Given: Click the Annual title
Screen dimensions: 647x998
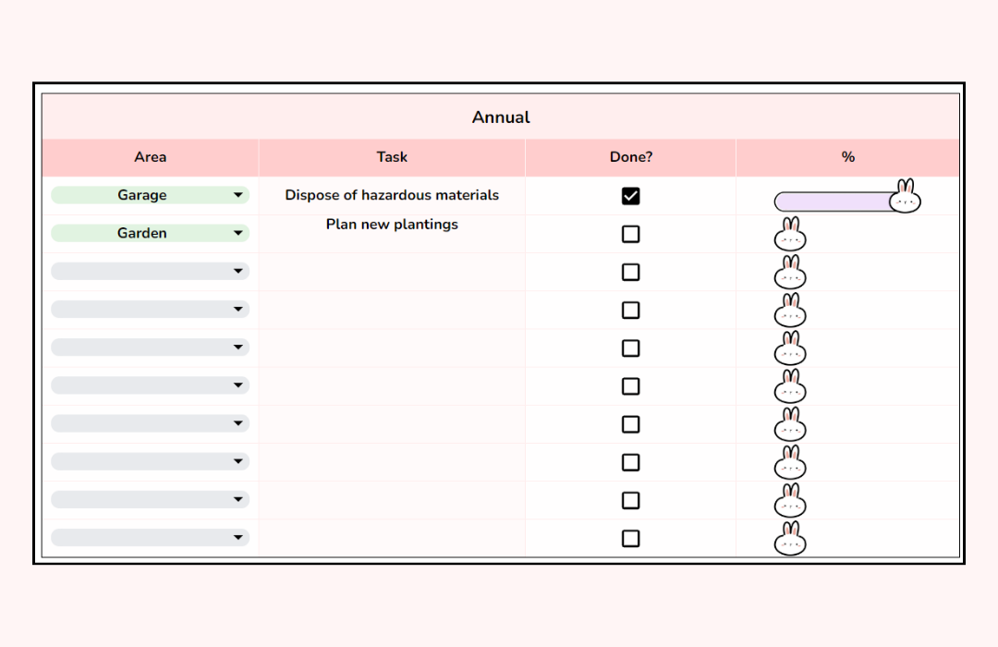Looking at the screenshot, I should pyautogui.click(x=501, y=117).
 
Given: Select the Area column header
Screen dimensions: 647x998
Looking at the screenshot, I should pyautogui.click(x=150, y=157).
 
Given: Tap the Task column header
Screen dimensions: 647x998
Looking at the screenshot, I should pyautogui.click(x=392, y=157).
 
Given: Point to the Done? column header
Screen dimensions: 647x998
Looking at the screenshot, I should pyautogui.click(x=630, y=157).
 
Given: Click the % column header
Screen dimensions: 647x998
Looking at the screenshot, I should pyautogui.click(x=847, y=157).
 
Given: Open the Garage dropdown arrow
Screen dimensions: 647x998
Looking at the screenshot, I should pyautogui.click(x=238, y=195).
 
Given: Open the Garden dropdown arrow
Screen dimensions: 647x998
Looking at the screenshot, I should pyautogui.click(x=238, y=233).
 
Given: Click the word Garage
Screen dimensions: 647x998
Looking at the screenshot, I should pyautogui.click(x=142, y=195).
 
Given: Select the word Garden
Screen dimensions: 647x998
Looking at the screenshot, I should pyautogui.click(x=142, y=233).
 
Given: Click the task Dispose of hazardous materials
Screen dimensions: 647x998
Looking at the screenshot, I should pyautogui.click(x=392, y=195).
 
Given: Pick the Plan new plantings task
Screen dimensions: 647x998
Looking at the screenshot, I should pyautogui.click(x=392, y=225).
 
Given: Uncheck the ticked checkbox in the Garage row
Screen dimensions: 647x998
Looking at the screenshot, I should pyautogui.click(x=630, y=196).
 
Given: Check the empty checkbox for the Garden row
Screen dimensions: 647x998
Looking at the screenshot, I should pyautogui.click(x=630, y=234).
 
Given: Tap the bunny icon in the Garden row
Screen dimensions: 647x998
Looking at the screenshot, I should pyautogui.click(x=790, y=236).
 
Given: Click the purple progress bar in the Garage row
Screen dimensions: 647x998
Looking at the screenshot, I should pyautogui.click(x=832, y=201).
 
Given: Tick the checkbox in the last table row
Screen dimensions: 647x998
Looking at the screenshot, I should pyautogui.click(x=630, y=538).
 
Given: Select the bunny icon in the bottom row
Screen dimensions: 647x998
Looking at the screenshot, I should pyautogui.click(x=790, y=540).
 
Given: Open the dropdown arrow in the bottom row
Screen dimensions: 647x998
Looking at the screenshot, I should pyautogui.click(x=238, y=537).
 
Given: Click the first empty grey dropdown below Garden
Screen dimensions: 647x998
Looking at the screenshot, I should pyautogui.click(x=150, y=271).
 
